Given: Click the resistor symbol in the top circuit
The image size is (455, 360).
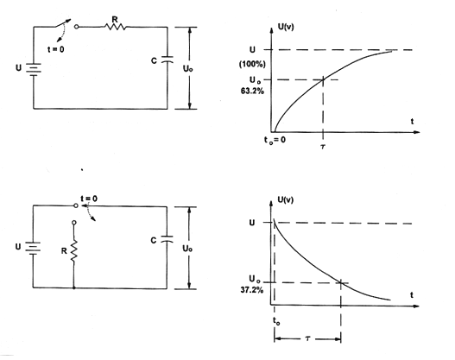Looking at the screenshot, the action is tap(115, 27).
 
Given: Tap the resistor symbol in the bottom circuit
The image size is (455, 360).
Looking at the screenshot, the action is tap(74, 252).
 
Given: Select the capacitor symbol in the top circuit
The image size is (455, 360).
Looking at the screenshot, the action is tap(167, 60).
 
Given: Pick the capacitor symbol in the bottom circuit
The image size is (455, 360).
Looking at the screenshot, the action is tap(167, 239).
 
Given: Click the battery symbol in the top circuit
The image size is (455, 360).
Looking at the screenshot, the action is tap(34, 70).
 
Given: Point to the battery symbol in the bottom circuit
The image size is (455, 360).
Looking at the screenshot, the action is tap(33, 249).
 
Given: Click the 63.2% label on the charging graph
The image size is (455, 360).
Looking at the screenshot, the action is tap(252, 92).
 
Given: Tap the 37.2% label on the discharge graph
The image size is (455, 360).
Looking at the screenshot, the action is tap(252, 290).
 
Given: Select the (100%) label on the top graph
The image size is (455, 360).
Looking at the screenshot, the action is tap(252, 64).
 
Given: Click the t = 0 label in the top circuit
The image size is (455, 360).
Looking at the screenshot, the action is tap(56, 49).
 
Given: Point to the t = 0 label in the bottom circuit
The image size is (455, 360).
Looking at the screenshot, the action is tap(89, 199).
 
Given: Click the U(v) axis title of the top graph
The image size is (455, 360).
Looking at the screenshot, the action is tap(286, 27).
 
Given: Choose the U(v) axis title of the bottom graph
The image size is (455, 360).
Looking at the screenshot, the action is tap(286, 199).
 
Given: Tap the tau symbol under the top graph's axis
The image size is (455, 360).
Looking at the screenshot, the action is tap(323, 147).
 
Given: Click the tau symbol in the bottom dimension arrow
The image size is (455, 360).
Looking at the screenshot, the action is tap(308, 338).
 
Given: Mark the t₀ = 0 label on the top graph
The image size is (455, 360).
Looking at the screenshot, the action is tap(275, 140).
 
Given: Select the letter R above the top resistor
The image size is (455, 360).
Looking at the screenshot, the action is tap(115, 20).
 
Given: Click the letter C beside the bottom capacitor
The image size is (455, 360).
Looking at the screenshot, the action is tap(154, 241).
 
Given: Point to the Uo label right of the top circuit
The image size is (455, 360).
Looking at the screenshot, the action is tap(187, 69).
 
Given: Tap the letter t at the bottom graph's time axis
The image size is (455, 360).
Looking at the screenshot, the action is tap(412, 295).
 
